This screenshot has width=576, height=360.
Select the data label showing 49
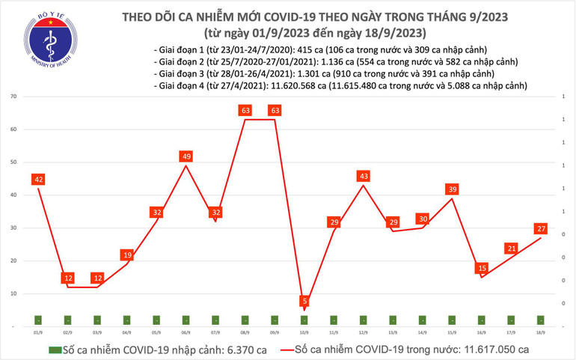tap(186, 156)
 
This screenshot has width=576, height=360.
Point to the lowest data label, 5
tap(304, 302)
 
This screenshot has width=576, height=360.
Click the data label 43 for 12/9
tap(364, 176)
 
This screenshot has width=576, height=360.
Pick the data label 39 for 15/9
tap(452, 189)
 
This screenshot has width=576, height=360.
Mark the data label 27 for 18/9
tap(541, 229)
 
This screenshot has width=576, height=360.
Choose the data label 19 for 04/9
tap(127, 255)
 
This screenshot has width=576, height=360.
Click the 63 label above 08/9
tap(245, 111)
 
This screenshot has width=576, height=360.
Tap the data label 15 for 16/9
tap(482, 268)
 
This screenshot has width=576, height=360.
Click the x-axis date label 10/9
tap(304, 332)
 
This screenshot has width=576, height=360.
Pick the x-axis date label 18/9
tap(541, 332)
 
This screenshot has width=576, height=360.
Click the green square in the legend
tap(53, 350)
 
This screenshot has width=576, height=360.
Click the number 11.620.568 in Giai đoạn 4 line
tap(292, 87)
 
